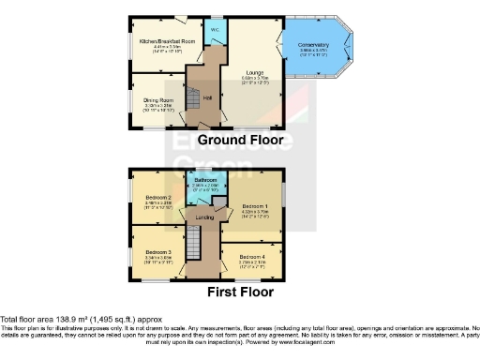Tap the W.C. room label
pos(215,30)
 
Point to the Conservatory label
pos(314,45)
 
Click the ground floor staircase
pos(191,97)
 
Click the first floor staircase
pos(193,247)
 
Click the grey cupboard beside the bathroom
pos(217,202)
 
